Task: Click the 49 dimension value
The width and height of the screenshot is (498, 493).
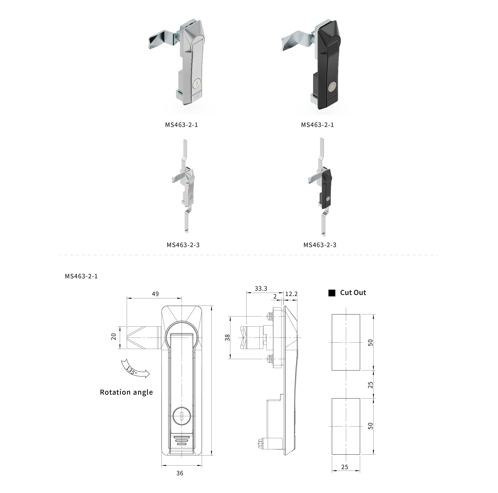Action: pos(155,294)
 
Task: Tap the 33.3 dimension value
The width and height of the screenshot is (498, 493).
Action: pos(261,288)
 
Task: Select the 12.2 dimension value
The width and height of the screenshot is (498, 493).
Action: pos(291,294)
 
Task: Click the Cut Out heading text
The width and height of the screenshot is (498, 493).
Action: pos(353,293)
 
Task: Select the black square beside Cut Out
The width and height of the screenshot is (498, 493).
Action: pos(332,293)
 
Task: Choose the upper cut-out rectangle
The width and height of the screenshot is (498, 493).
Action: pos(346,342)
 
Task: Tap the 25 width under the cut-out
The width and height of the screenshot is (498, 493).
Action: pos(345,467)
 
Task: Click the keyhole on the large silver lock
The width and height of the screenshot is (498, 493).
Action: pos(197,84)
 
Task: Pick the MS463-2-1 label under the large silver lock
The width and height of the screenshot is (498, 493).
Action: pos(182,125)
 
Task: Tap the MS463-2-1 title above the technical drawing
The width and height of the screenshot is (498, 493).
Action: pos(81,276)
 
